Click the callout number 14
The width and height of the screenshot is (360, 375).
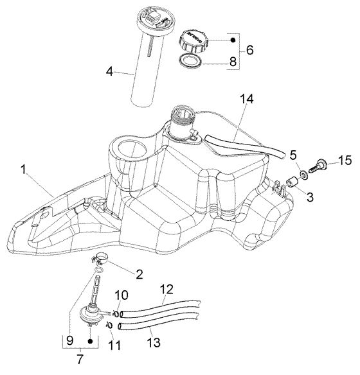(x=247, y=100)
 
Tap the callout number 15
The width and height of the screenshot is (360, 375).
(x=345, y=161)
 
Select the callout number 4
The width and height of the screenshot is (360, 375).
(x=110, y=71)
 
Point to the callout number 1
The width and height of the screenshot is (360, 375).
(x=23, y=170)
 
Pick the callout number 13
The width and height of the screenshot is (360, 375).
(x=154, y=342)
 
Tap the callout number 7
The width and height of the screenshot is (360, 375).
(x=80, y=359)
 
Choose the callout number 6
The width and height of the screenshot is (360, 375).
(x=249, y=50)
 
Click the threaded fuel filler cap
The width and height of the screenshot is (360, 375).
(x=194, y=41)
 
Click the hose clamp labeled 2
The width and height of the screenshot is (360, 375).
(x=99, y=259)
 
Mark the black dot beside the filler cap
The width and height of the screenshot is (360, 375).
(x=233, y=40)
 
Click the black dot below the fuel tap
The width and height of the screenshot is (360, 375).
(x=90, y=341)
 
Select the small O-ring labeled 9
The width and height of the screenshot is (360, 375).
(x=99, y=270)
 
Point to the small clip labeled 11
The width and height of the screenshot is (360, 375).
(x=109, y=325)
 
